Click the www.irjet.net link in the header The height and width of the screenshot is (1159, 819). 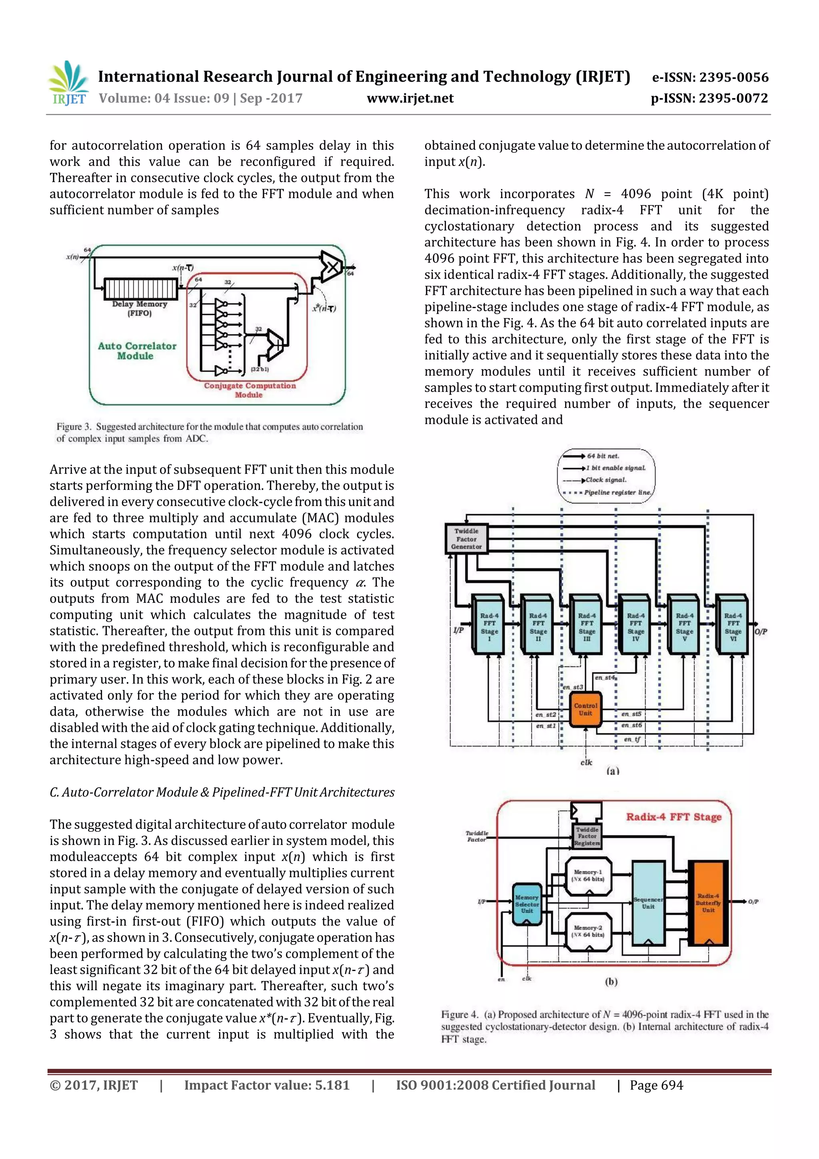click(410, 98)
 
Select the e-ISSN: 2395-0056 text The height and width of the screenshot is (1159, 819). click(710, 77)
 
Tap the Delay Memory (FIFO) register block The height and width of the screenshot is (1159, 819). click(141, 289)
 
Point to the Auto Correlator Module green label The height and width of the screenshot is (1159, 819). click(137, 350)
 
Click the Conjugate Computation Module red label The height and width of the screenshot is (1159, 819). click(250, 390)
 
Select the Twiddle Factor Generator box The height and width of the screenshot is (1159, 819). click(466, 538)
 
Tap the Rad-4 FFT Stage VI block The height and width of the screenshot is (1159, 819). click(733, 627)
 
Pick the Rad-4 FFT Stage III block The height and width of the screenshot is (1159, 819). click(586, 627)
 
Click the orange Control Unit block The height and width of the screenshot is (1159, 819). click(585, 709)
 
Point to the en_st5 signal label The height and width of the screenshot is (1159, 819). click(631, 714)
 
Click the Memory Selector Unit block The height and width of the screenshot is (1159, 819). click(527, 904)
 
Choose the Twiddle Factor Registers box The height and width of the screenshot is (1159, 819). click(587, 836)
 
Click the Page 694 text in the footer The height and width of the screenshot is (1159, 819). click(656, 1085)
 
